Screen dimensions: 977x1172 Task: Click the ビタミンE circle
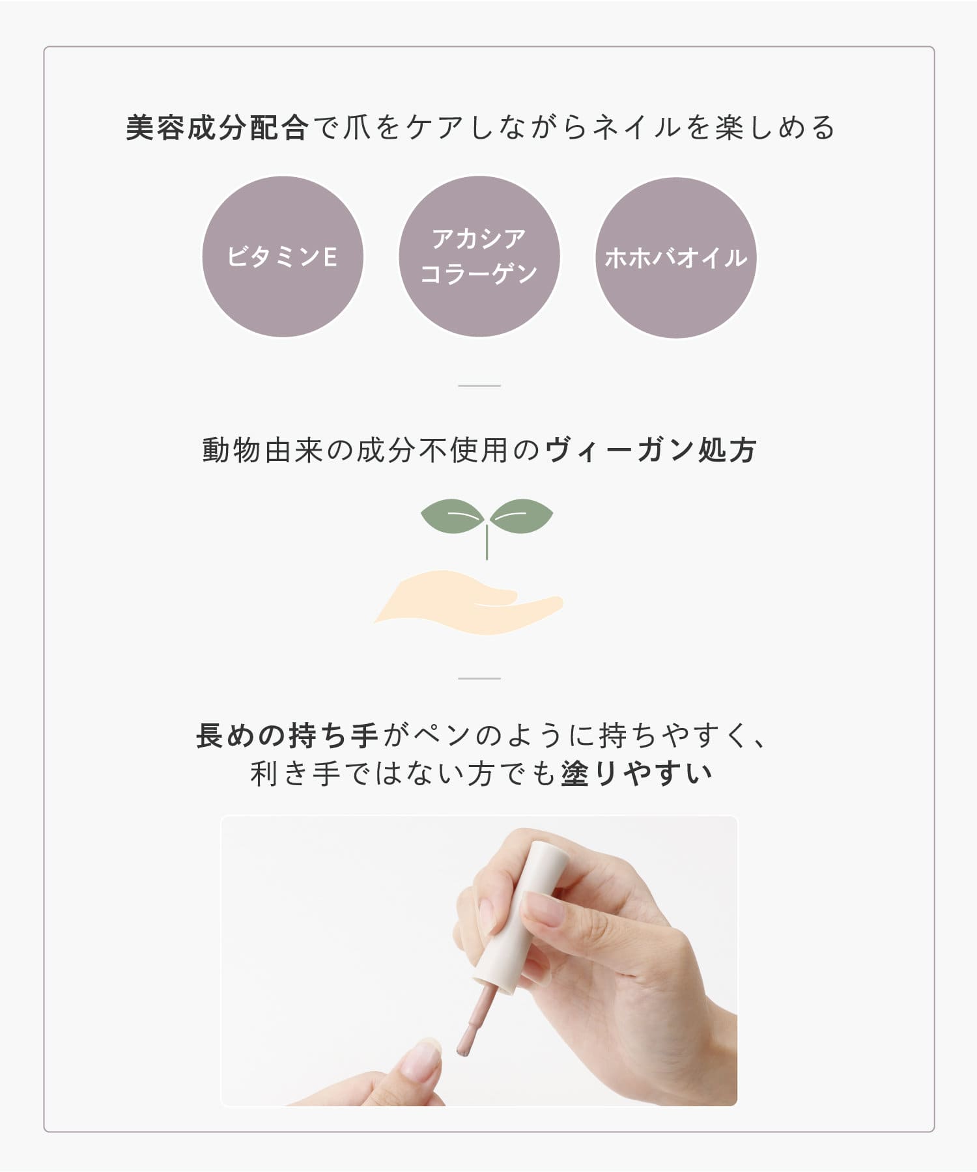click(283, 257)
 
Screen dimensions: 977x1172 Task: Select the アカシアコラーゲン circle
click(479, 257)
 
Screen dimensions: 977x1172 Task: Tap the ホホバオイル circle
click(676, 258)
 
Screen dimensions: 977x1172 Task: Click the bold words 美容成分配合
click(216, 128)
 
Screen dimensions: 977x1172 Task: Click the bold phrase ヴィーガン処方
click(651, 450)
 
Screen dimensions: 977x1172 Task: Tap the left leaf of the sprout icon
click(453, 516)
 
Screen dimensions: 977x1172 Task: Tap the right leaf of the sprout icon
click(521, 516)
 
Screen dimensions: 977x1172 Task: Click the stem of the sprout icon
click(487, 542)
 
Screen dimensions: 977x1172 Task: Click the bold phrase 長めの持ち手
click(288, 736)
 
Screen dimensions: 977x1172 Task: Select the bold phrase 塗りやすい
click(636, 774)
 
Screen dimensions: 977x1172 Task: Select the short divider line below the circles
click(479, 385)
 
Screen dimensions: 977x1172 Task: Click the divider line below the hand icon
click(479, 678)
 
